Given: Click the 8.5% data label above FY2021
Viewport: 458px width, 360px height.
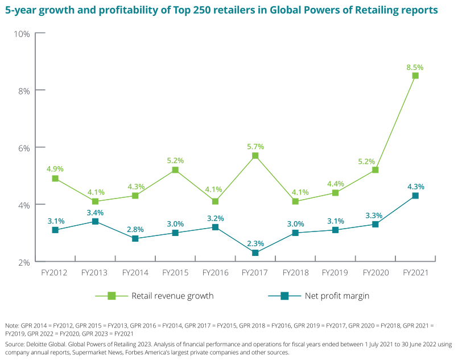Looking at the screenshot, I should pyautogui.click(x=415, y=67).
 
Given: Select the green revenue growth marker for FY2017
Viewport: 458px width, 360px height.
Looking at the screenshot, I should pyautogui.click(x=255, y=156).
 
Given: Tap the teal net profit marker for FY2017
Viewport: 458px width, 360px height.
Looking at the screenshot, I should pyautogui.click(x=255, y=253).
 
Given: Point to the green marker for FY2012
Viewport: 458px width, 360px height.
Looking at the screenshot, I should pyautogui.click(x=55, y=179).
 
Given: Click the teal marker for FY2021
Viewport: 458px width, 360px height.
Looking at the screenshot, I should pyautogui.click(x=415, y=196).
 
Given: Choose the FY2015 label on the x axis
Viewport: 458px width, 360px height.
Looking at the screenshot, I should pyautogui.click(x=175, y=273).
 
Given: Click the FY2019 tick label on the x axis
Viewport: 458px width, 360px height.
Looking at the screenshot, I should pyautogui.click(x=335, y=273).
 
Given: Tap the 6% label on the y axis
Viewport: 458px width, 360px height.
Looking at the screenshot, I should pyautogui.click(x=23, y=147).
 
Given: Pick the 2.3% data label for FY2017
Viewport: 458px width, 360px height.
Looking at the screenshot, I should pyautogui.click(x=255, y=243).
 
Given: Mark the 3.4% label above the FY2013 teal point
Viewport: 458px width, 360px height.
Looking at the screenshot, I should pyautogui.click(x=95, y=212).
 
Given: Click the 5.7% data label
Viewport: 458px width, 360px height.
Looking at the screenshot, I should pyautogui.click(x=255, y=147).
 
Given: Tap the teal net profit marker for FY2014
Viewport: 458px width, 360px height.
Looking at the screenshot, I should pyautogui.click(x=135, y=238).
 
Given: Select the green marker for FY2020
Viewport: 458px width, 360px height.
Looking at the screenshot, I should pyautogui.click(x=375, y=170).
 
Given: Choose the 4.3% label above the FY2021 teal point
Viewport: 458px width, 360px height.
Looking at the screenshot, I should pyautogui.click(x=415, y=187).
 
